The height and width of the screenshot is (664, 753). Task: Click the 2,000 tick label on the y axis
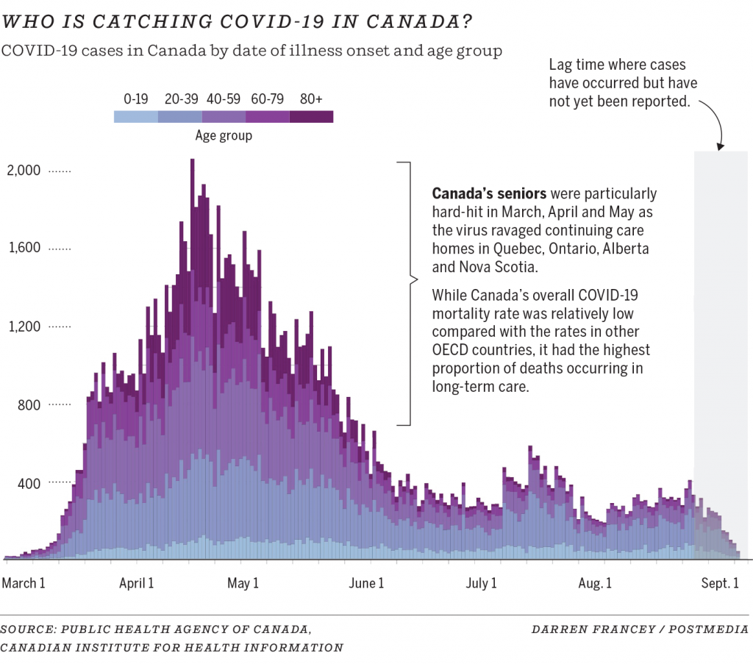coord(24,171)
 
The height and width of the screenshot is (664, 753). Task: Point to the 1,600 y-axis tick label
coord(24,249)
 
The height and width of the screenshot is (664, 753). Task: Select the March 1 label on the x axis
coord(24,583)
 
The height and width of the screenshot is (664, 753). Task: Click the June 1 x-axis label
coord(365,583)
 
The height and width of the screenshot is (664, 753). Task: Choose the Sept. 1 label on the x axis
coord(719,583)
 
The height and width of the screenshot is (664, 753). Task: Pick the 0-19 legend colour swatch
coord(136,116)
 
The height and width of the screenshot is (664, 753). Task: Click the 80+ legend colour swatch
coord(311,116)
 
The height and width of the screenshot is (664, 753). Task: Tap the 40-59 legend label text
coord(224,99)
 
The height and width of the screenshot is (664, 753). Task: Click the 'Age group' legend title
coord(224,135)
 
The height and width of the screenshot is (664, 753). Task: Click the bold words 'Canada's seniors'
coord(489,194)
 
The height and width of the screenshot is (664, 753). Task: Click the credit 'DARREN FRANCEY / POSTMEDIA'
coord(640,629)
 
